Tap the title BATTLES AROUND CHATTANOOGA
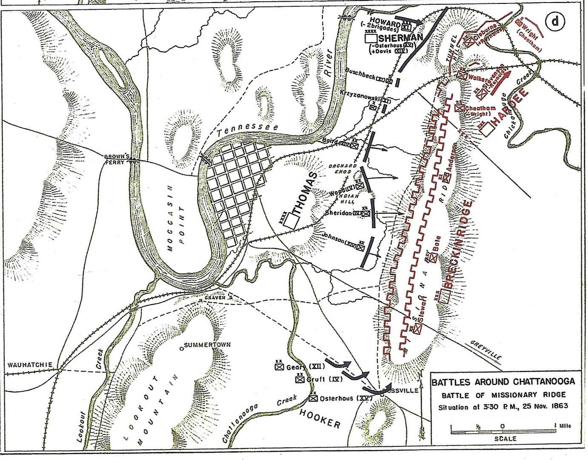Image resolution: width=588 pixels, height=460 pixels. tap(503, 382)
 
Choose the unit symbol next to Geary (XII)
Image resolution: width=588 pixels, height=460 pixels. tap(279, 366)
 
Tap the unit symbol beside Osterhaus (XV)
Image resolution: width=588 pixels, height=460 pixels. tap(314, 398)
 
